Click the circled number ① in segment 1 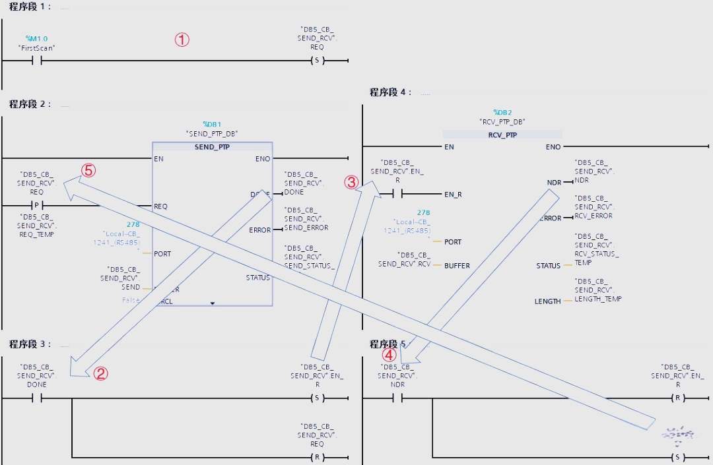pyautogui.click(x=182, y=40)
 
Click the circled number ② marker pyautogui.click(x=100, y=374)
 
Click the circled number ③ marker pyautogui.click(x=352, y=181)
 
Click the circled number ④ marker pyautogui.click(x=390, y=354)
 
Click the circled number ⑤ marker pyautogui.click(x=88, y=170)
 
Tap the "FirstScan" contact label pyautogui.click(x=36, y=48)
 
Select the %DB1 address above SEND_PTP pyautogui.click(x=212, y=124)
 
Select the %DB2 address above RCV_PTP pyautogui.click(x=502, y=113)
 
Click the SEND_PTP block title pyautogui.click(x=212, y=147)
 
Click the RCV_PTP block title pyautogui.click(x=502, y=135)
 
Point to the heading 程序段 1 pyautogui.click(x=30, y=7)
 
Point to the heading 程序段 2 pyautogui.click(x=30, y=104)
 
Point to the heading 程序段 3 pyautogui.click(x=30, y=344)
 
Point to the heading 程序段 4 pyautogui.click(x=391, y=92)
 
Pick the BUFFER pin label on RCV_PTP pyautogui.click(x=457, y=266)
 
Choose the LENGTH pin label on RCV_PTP pyautogui.click(x=548, y=301)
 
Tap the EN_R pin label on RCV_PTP pyautogui.click(x=452, y=194)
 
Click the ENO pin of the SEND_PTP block pyautogui.click(x=262, y=159)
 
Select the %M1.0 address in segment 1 pyautogui.click(x=36, y=39)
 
